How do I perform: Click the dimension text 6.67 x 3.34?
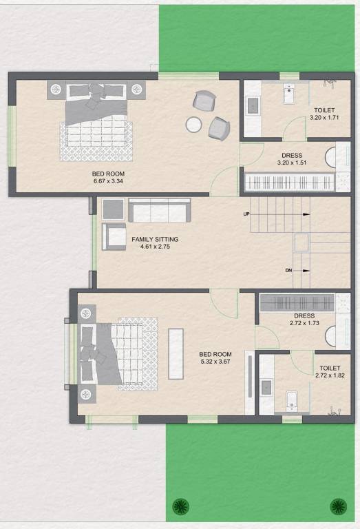[x=109, y=181]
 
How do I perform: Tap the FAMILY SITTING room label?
[x=155, y=240]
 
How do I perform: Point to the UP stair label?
[x=246, y=214]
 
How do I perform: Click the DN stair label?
[x=288, y=270]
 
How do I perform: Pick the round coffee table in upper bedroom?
[x=194, y=125]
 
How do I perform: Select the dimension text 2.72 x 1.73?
[x=295, y=322]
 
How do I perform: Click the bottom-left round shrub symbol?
[x=180, y=507]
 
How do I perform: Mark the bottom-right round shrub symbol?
[x=338, y=507]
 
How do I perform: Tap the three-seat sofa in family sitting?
[x=159, y=210]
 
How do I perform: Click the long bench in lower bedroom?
[x=176, y=343]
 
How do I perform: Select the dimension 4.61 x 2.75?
[x=155, y=247]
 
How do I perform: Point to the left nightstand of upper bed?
[x=56, y=90]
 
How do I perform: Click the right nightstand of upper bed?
[x=138, y=90]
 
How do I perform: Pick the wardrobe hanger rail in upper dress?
[x=289, y=183]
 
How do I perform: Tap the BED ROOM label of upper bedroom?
[x=109, y=174]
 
